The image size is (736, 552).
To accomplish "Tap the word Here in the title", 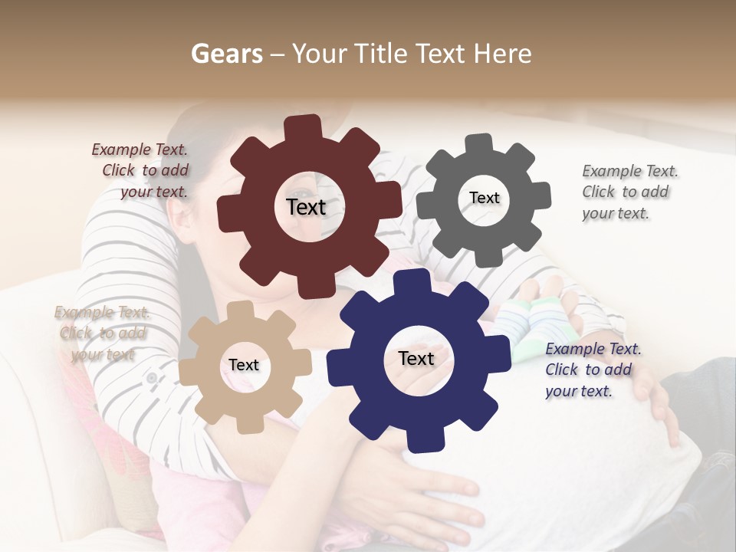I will pyautogui.click(x=503, y=54).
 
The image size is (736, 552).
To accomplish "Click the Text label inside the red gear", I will pyautogui.click(x=306, y=207).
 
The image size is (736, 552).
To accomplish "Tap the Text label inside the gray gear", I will pyautogui.click(x=484, y=198).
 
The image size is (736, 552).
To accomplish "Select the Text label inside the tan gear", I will pyautogui.click(x=243, y=365).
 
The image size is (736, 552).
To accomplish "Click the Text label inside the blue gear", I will pyautogui.click(x=416, y=358).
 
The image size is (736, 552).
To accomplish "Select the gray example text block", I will pyautogui.click(x=629, y=192).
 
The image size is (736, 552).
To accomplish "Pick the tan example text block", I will pyautogui.click(x=102, y=333).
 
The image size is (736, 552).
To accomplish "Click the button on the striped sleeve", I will pyautogui.click(x=152, y=377).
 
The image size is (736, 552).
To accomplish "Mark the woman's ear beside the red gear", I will pyautogui.click(x=183, y=219).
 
